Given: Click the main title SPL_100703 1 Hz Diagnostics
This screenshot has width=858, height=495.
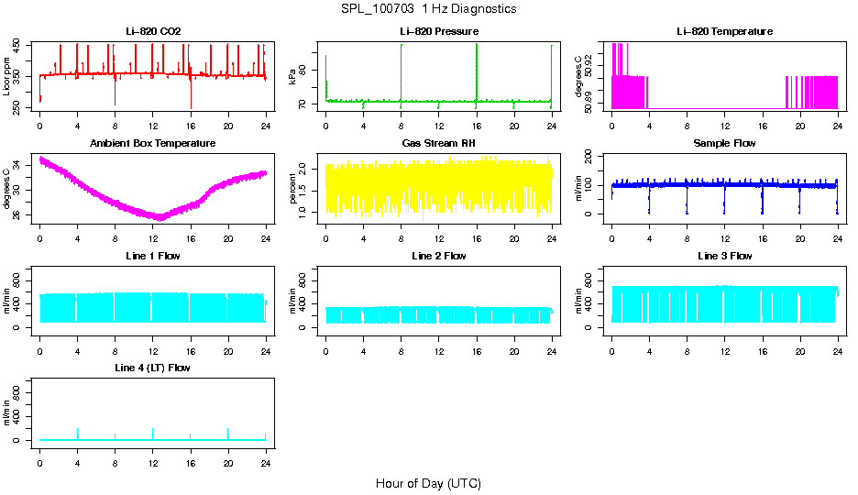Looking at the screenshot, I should click(x=428, y=8).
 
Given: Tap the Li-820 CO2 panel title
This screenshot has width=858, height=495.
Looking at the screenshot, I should click(x=153, y=31).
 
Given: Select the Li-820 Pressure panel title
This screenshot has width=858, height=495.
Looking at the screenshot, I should click(x=438, y=31).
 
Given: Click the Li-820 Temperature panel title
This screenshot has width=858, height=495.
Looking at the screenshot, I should click(x=724, y=31).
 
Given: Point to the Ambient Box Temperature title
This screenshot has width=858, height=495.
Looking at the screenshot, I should click(x=153, y=143).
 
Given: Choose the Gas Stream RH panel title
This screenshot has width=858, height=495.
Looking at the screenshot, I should click(x=438, y=143).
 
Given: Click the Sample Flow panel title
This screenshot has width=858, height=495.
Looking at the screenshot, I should click(x=724, y=143).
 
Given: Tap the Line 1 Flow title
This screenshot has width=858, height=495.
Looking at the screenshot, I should click(x=153, y=256).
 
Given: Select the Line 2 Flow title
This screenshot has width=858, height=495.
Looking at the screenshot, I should click(x=438, y=256).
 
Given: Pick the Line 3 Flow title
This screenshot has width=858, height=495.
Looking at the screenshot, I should click(x=724, y=256).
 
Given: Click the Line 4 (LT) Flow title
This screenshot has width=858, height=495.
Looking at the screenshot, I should click(x=153, y=368).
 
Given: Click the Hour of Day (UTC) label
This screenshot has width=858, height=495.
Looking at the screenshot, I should click(x=428, y=483).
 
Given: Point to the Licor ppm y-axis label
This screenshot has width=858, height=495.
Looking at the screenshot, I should click(x=7, y=76).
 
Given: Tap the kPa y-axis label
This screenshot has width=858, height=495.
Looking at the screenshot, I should click(x=293, y=76).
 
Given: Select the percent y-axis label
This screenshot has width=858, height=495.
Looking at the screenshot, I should click(x=293, y=188).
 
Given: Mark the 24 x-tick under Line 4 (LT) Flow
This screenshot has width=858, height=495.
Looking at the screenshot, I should click(x=266, y=464).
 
